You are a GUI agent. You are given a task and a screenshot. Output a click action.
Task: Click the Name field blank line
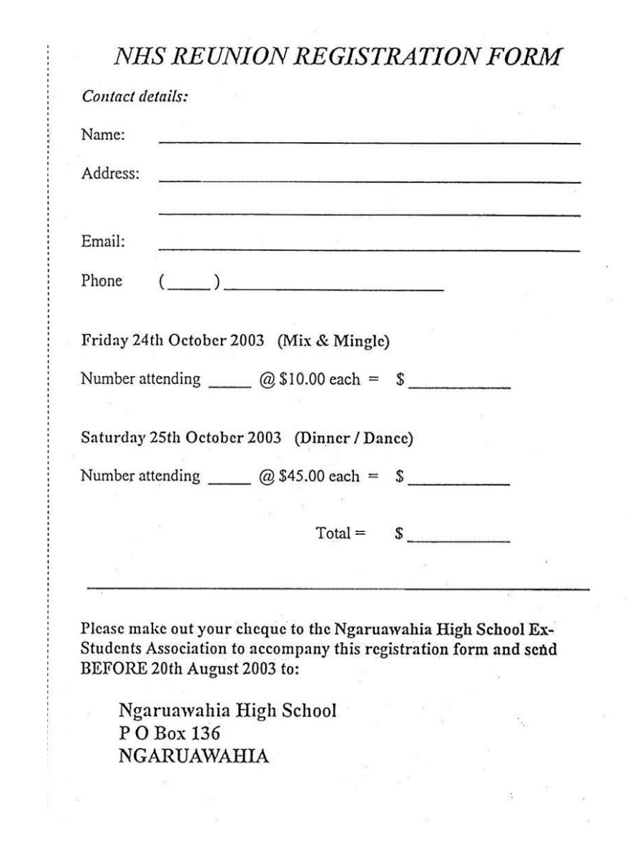(x=368, y=143)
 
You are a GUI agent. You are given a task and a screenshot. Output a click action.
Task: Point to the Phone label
(x=102, y=281)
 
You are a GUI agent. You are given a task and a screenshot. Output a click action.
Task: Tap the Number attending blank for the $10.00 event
(x=225, y=386)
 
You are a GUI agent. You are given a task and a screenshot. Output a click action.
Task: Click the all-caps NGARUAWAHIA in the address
(x=192, y=753)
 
